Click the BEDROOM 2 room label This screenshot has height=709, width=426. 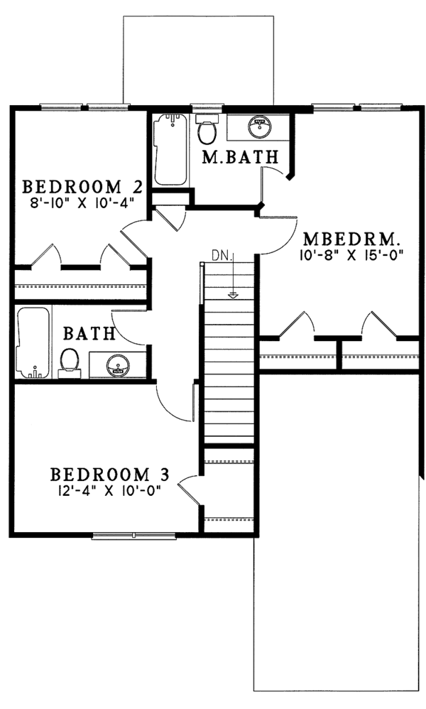click(x=83, y=187)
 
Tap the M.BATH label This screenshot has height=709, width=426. click(x=241, y=158)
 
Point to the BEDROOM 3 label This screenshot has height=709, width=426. click(x=109, y=475)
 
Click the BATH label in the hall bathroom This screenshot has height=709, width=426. click(x=89, y=333)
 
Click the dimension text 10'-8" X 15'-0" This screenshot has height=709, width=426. click(x=352, y=254)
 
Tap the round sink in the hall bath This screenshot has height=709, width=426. click(x=117, y=367)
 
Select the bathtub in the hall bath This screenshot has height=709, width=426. click(x=31, y=342)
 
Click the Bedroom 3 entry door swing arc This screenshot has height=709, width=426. click(x=185, y=491)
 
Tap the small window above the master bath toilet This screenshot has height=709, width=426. click(x=207, y=109)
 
